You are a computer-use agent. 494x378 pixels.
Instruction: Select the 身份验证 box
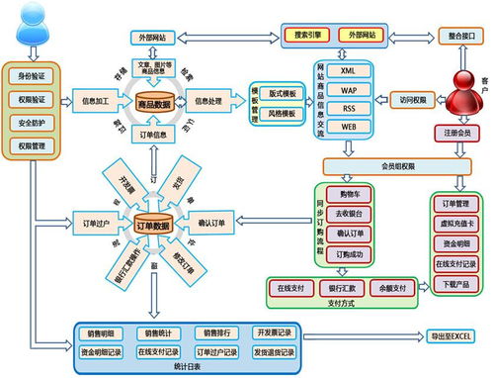point(33,75)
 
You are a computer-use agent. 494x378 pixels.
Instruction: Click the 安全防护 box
point(33,123)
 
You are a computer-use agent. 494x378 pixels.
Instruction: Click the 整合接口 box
point(458,35)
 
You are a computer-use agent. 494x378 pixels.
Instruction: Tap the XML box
point(349,72)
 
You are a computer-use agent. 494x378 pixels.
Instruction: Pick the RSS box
point(349,109)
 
